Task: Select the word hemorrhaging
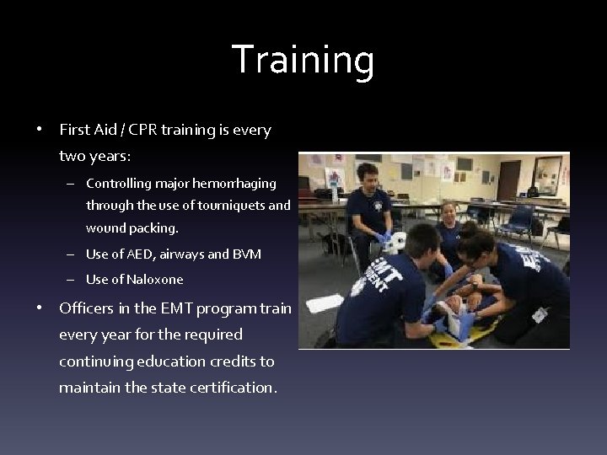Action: pyautogui.click(x=239, y=183)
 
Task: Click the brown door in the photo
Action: pyautogui.click(x=508, y=180)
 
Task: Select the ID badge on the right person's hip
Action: pyautogui.click(x=540, y=314)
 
